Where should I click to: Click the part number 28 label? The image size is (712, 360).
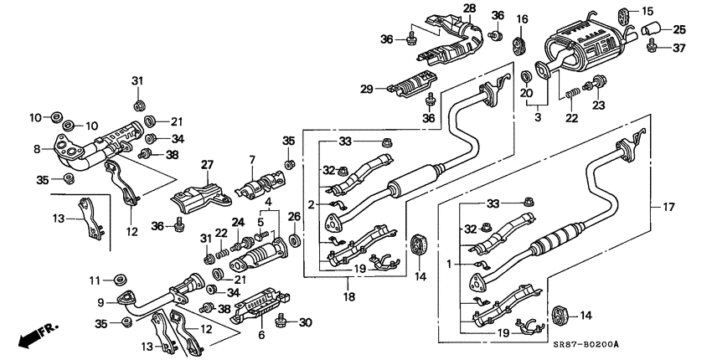[469, 8]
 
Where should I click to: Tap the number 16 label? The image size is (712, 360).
[522, 18]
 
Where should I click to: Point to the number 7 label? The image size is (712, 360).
[250, 159]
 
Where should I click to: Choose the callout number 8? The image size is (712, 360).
[37, 150]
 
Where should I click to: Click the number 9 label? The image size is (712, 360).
[101, 302]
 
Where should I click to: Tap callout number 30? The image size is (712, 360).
[306, 322]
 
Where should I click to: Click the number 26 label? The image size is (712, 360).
[294, 218]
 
